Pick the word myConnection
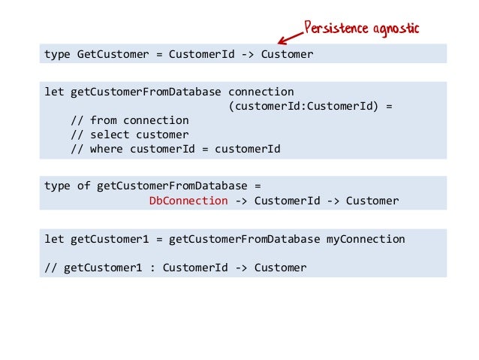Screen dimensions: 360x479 coord(366,239)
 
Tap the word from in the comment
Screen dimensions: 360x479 coord(103,120)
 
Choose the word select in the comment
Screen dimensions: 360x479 coord(110,135)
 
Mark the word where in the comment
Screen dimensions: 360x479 coord(106,149)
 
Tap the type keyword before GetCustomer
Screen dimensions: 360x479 coord(57,55)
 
